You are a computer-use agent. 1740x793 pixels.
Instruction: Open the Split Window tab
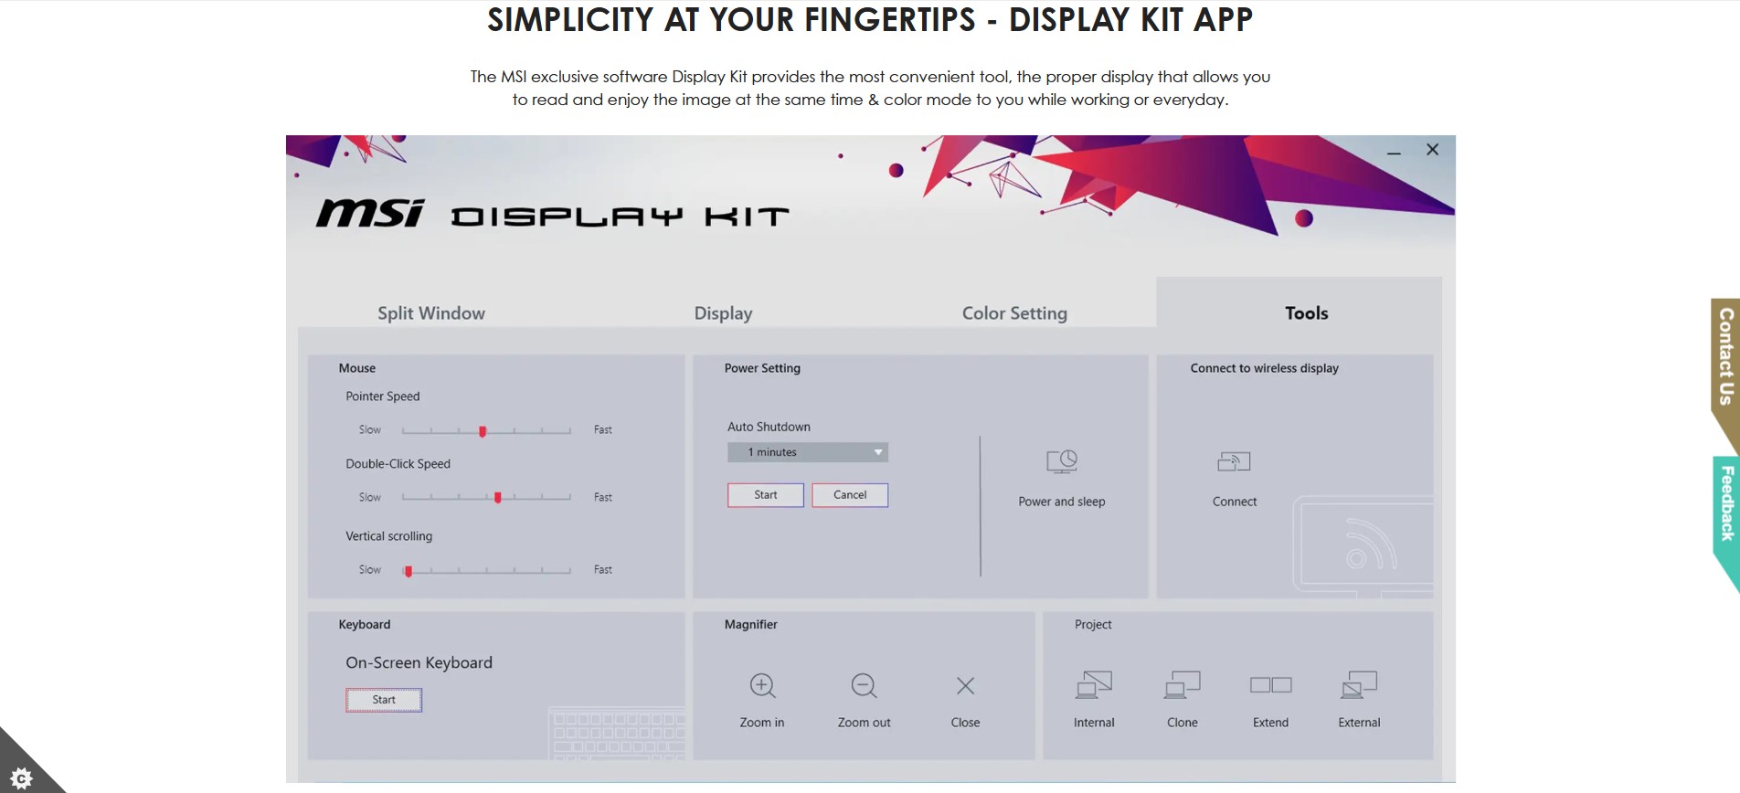coord(431,313)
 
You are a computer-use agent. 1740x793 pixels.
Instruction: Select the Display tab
coord(723,313)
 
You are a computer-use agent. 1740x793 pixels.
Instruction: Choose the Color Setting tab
coord(1014,313)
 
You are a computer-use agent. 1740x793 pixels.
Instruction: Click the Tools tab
coord(1306,313)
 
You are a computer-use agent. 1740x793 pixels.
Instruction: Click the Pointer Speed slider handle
coord(483,430)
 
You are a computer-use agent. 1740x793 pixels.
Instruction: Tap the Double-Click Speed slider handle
coord(498,498)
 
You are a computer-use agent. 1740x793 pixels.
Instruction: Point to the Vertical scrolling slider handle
coord(408,571)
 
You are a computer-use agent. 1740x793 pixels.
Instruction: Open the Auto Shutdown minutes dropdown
coord(808,452)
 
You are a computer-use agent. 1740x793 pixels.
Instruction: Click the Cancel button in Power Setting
coord(850,495)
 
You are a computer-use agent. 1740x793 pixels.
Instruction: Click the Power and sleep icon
coord(1062,461)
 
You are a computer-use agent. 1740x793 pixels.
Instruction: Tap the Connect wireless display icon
coord(1234,461)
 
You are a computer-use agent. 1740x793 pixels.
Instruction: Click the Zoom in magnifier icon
coord(763,686)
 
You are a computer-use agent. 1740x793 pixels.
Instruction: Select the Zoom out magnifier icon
coord(865,686)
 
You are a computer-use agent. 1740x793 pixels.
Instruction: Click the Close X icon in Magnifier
coord(965,685)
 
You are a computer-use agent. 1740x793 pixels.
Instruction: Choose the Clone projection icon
coord(1183,684)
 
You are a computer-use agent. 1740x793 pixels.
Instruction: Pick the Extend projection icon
coord(1271,685)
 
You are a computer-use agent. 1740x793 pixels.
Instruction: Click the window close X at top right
coord(1432,150)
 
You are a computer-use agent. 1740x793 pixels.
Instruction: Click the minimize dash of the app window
coord(1394,153)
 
